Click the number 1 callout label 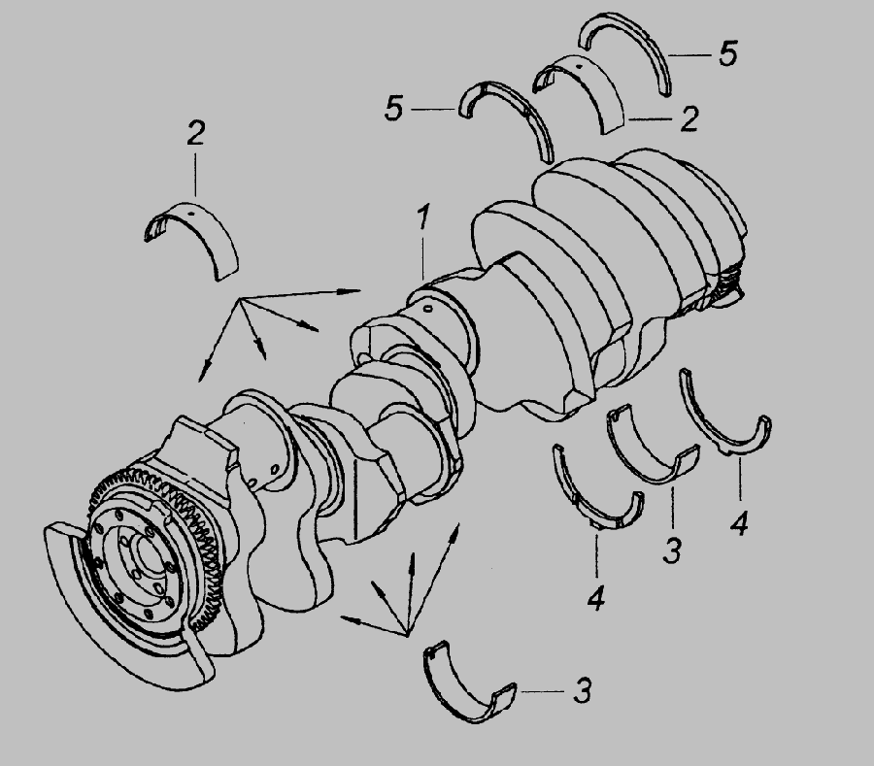[424, 216]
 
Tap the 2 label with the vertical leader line [195, 133]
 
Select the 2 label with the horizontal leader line [689, 118]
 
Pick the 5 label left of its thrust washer [393, 108]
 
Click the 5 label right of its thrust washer [728, 54]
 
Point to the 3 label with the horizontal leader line [582, 691]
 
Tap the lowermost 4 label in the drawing [596, 598]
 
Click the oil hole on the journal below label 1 [428, 308]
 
